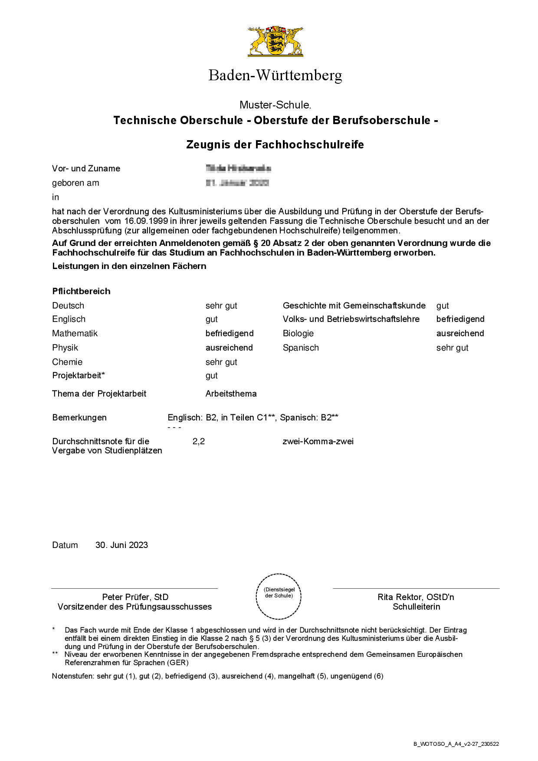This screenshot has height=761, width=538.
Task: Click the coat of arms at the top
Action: click(276, 41)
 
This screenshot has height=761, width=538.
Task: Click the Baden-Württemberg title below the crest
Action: click(275, 75)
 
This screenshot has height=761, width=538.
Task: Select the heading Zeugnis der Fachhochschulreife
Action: click(275, 144)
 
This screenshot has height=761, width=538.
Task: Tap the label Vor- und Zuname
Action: click(86, 168)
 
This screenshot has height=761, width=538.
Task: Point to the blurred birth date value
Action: click(237, 183)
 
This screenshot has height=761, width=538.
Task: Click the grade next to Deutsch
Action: click(221, 305)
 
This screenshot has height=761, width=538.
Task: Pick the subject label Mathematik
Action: click(75, 333)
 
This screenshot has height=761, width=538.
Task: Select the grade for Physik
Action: click(229, 348)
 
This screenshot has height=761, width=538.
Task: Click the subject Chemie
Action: click(67, 362)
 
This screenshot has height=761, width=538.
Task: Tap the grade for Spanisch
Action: click(452, 348)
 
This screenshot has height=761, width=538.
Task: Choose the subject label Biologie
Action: click(298, 333)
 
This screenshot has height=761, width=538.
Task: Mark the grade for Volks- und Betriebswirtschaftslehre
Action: click(460, 319)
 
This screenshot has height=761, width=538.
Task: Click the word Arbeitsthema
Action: click(231, 394)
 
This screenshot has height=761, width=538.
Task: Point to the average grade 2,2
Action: click(199, 441)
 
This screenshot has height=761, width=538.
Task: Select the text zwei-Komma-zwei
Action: click(318, 441)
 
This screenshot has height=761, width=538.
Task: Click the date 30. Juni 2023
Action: click(121, 545)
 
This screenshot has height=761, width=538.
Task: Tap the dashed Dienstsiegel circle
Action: click(279, 596)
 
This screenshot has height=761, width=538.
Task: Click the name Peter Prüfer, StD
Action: click(135, 597)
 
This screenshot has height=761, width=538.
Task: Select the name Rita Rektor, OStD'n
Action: click(416, 597)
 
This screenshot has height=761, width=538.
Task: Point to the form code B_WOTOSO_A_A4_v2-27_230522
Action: click(456, 744)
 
